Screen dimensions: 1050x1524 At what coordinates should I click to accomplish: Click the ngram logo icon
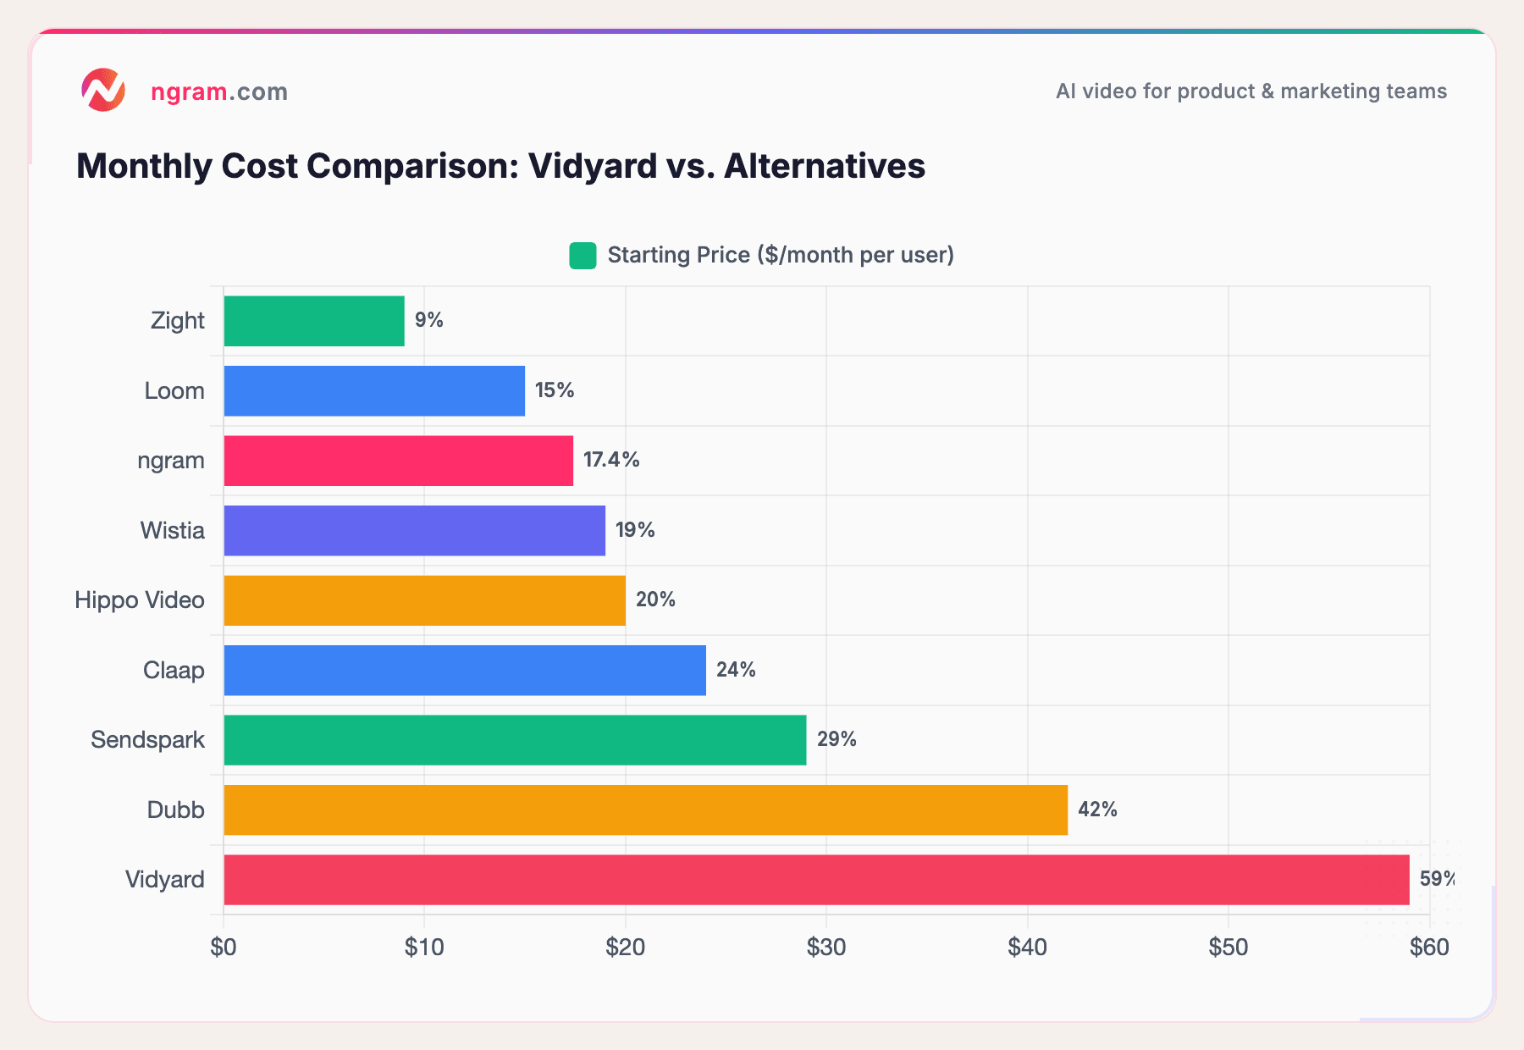point(103,90)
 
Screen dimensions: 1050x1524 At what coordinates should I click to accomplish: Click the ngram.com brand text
point(218,91)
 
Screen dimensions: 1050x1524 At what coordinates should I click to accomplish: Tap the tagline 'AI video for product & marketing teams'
point(1251,91)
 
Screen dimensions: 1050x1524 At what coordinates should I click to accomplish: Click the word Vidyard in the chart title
point(593,166)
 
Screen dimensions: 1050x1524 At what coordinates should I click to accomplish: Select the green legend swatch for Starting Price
point(583,255)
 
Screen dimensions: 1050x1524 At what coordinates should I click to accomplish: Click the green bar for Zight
point(313,321)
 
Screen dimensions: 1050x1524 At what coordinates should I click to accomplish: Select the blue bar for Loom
point(373,391)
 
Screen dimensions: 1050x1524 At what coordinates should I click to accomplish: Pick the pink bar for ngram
point(398,461)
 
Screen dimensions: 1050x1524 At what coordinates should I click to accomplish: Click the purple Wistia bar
point(414,531)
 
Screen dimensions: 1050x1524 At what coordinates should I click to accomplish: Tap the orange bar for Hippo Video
point(424,600)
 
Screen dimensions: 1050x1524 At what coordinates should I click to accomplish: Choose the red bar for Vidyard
point(815,880)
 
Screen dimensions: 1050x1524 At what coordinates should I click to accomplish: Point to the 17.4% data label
point(611,460)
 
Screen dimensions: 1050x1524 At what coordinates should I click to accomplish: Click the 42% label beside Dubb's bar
point(1097,810)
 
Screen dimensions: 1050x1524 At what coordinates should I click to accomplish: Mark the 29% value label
point(837,739)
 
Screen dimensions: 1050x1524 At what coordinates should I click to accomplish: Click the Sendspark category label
point(147,740)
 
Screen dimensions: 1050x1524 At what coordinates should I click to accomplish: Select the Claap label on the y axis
point(174,671)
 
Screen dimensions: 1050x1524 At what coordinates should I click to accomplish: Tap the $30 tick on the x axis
point(825,948)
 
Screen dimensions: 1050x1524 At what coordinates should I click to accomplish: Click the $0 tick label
point(224,948)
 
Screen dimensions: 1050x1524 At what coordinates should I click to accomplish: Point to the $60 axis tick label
point(1429,948)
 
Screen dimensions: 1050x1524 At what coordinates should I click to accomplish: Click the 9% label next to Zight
point(428,320)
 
